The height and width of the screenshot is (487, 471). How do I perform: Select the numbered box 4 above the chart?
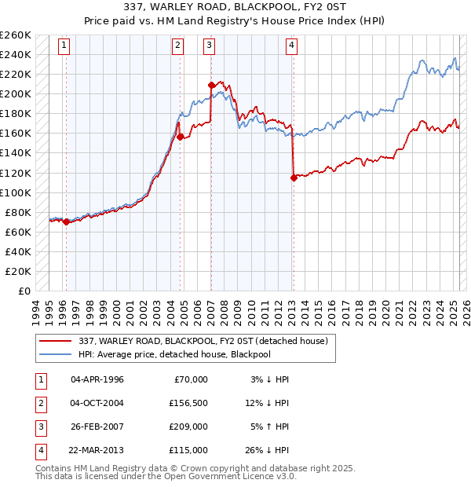[291, 46]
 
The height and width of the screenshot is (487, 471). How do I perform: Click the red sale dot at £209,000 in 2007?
[211, 85]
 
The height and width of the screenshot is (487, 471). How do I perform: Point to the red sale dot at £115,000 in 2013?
[293, 178]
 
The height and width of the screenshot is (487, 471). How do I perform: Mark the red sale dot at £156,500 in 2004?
[180, 137]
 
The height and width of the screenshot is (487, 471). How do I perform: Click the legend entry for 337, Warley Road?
[207, 340]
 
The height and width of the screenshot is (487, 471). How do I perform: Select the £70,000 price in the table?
[189, 379]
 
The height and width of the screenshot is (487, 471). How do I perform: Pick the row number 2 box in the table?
[39, 404]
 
